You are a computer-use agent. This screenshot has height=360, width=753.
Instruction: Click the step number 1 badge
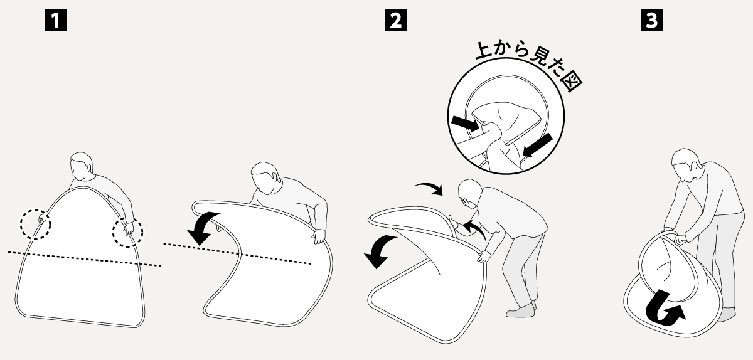(55, 20)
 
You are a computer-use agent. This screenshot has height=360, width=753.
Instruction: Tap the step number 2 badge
(395, 20)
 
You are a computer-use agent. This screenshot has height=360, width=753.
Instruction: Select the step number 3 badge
(651, 20)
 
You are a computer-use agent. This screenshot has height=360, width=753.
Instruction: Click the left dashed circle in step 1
(21, 225)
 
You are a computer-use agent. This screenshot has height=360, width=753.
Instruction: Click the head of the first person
(81, 166)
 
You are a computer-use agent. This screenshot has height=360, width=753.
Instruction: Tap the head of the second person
(265, 178)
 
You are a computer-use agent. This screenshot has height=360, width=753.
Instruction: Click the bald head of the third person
(470, 193)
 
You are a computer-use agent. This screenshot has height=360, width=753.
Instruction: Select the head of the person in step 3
(685, 163)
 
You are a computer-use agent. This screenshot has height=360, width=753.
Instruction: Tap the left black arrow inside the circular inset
(465, 124)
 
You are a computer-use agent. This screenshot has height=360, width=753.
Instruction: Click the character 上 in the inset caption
(484, 50)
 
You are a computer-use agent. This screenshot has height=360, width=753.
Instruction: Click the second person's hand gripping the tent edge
(319, 236)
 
